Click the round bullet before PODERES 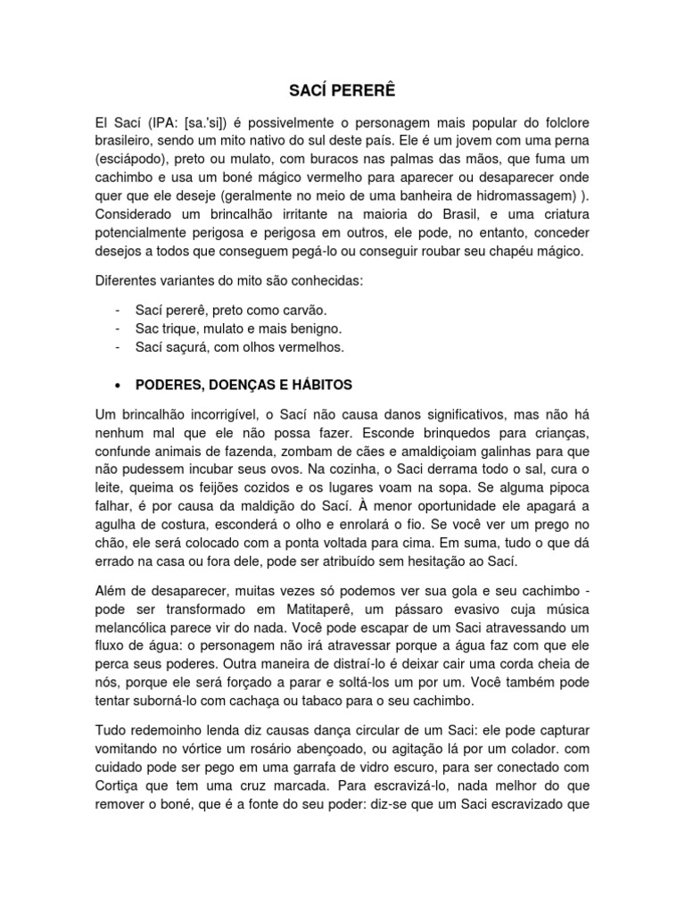pyautogui.click(x=119, y=385)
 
